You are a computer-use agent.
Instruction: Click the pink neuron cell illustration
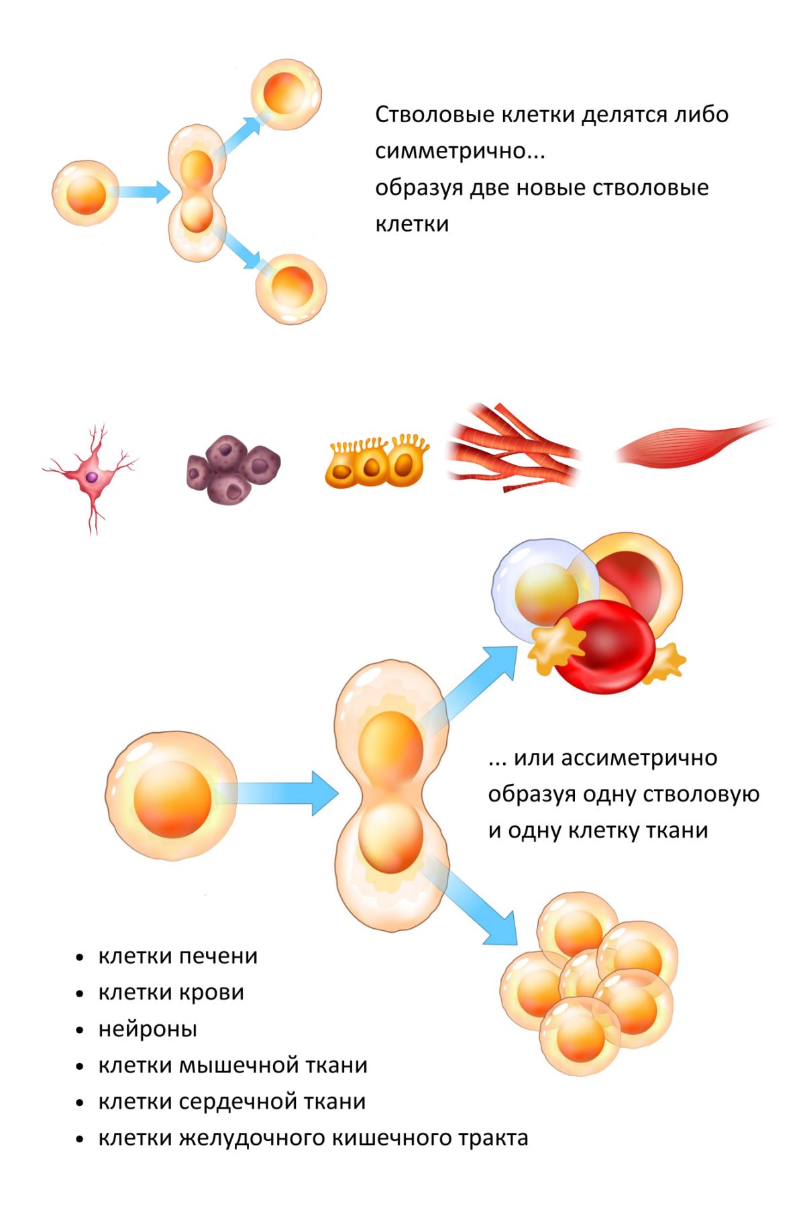(x=92, y=476)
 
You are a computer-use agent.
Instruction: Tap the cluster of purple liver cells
(x=232, y=469)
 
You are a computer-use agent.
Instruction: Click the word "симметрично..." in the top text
(x=460, y=151)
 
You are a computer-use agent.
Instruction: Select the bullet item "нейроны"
(x=148, y=1029)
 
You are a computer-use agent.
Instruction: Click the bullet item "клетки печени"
(x=178, y=956)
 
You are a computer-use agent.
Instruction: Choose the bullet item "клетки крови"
(x=171, y=992)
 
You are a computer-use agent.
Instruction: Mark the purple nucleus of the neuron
(x=92, y=476)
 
